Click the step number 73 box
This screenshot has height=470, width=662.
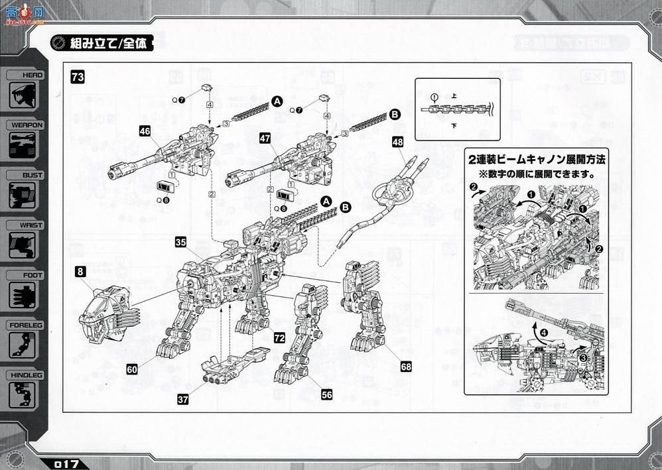click(78, 78)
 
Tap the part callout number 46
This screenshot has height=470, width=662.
click(145, 131)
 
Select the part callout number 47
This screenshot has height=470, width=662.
click(265, 138)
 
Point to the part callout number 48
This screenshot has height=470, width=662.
click(397, 142)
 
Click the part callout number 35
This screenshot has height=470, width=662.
click(180, 242)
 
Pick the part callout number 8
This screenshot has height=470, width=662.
click(80, 270)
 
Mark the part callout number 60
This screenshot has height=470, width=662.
click(132, 369)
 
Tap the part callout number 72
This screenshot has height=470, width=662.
click(279, 338)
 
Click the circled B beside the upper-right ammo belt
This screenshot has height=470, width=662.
click(395, 115)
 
